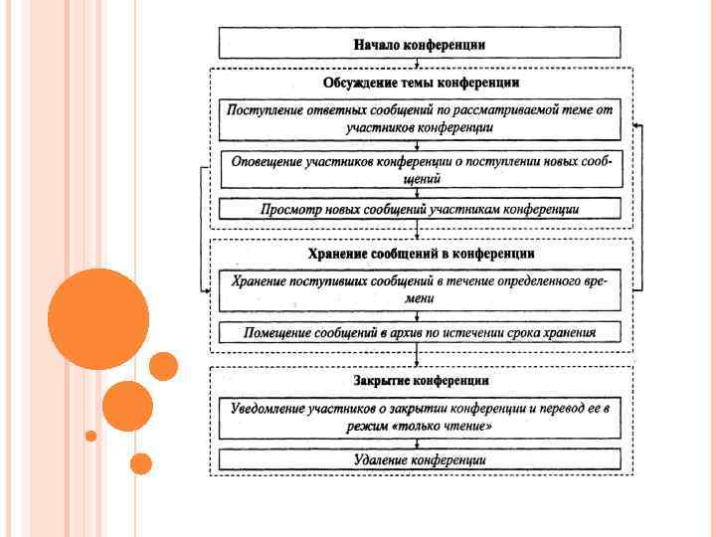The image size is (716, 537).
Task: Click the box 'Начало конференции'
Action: tap(420, 44)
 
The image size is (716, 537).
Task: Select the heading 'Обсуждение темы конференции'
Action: tap(421, 83)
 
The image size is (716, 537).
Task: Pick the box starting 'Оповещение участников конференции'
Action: tap(421, 169)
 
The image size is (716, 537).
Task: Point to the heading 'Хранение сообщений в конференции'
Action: tap(421, 254)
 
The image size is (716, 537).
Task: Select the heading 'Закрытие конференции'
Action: tap(421, 381)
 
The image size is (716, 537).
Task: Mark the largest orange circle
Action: tap(98, 319)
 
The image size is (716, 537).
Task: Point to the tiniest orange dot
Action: tap(90, 436)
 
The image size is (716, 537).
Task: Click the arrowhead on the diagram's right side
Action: tap(636, 127)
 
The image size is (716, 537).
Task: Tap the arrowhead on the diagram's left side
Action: tap(207, 289)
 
